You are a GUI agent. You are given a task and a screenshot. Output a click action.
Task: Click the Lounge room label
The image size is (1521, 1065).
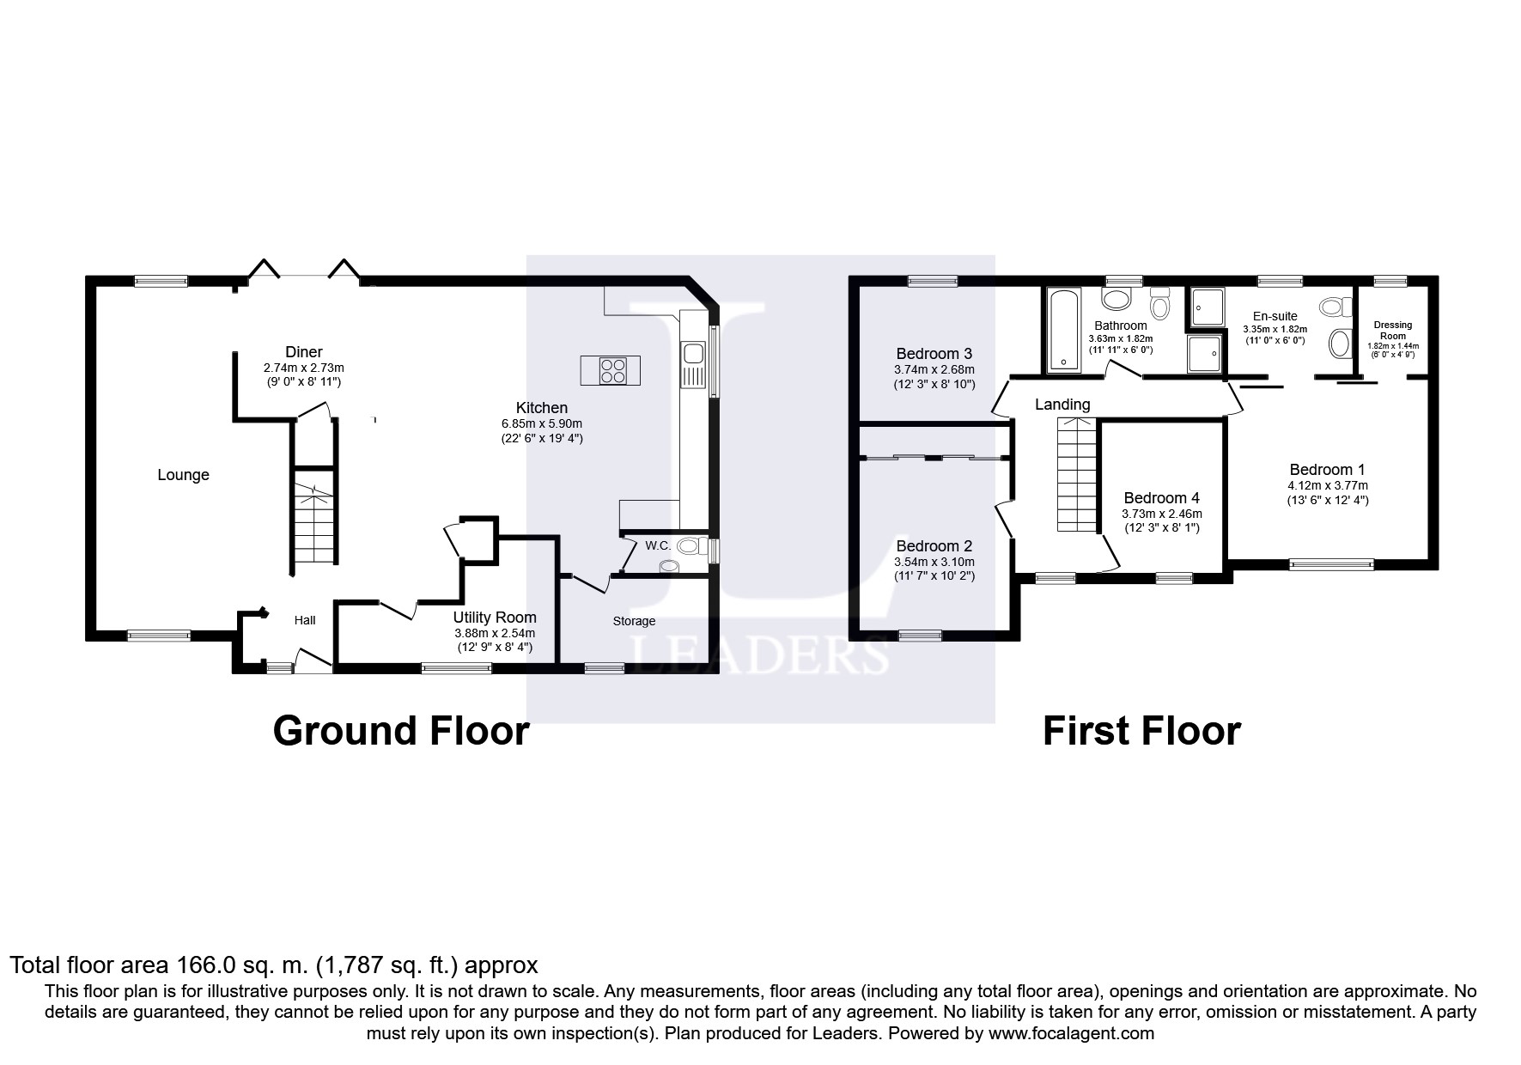(183, 475)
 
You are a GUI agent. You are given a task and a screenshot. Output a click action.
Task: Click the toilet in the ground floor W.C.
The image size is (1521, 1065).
(691, 545)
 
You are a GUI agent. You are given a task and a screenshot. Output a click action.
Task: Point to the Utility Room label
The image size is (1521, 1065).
(495, 618)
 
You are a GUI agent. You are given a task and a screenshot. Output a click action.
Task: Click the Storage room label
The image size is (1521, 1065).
(635, 621)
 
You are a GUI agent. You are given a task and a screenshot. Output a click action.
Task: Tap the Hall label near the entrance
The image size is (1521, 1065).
(305, 620)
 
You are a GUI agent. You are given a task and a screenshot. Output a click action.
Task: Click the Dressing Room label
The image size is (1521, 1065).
(1392, 330)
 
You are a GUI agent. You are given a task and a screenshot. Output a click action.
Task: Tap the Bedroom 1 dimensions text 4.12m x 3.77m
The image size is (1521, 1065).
(1327, 485)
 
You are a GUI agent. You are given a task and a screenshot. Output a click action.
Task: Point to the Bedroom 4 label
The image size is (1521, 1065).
(1161, 498)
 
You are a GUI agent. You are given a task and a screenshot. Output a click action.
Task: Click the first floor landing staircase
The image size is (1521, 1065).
(1077, 475)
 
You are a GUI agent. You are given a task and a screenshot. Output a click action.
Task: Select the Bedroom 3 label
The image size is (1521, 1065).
(934, 354)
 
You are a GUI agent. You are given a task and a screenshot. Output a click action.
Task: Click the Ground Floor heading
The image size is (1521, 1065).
(401, 731)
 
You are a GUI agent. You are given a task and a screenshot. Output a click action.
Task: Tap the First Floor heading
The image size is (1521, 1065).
(1141, 731)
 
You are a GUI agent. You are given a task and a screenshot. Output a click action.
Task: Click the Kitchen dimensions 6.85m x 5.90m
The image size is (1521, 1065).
(542, 424)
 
